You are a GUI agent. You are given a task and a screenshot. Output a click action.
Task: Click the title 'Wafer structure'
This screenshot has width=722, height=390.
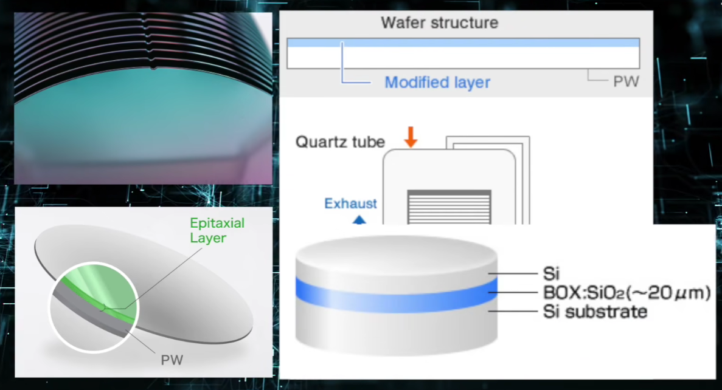[439, 23]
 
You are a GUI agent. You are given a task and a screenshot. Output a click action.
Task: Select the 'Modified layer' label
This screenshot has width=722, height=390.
[437, 82]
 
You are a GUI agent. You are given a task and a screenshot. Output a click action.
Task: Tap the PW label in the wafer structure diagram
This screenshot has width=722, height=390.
[626, 81]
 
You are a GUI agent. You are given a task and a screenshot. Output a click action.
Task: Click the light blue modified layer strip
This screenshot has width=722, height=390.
[462, 43]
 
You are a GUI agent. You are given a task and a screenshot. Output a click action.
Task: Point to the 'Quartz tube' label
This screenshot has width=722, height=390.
[340, 142]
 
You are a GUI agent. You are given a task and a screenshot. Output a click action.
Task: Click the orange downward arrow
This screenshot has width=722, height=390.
[411, 138]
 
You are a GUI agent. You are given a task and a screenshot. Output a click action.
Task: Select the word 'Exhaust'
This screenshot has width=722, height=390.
[350, 204]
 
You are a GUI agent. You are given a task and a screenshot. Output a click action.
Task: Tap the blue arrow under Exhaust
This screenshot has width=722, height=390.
[359, 220]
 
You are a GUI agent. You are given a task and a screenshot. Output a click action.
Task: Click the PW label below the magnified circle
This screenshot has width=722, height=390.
[172, 360]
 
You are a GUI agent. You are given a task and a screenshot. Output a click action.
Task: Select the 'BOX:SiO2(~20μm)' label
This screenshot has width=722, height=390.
[626, 293]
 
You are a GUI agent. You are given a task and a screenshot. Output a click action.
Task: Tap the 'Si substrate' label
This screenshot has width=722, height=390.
[594, 312]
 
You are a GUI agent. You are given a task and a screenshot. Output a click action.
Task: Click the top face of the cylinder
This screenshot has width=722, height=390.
[395, 252]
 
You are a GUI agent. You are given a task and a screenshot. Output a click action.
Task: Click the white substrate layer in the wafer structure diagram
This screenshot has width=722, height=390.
[462, 58]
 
